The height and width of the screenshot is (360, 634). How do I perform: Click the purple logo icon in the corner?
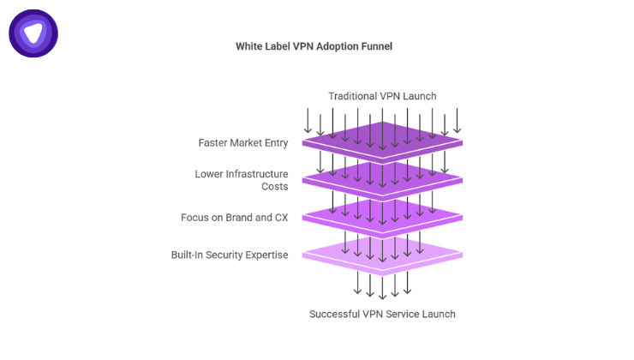[x=33, y=33]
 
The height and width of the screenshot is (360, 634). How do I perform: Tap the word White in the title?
[x=250, y=46]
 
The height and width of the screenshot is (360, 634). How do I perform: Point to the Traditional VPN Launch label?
[x=382, y=95]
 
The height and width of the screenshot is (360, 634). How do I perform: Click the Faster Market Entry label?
[x=242, y=142]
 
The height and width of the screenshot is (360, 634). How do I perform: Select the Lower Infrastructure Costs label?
[x=241, y=180]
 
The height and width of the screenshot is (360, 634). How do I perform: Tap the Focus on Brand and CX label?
[x=234, y=217]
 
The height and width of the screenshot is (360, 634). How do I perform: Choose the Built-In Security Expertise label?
[x=229, y=255]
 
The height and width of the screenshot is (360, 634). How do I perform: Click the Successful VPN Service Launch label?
[x=382, y=314]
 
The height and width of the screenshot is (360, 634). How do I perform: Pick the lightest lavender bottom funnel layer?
[x=382, y=254]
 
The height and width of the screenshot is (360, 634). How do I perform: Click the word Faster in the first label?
[x=212, y=142]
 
